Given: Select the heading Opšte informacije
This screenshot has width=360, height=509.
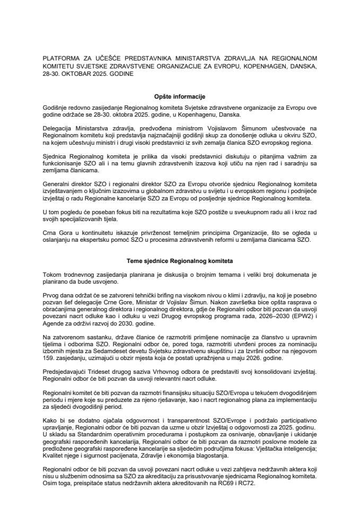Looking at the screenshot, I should [x=180, y=97].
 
